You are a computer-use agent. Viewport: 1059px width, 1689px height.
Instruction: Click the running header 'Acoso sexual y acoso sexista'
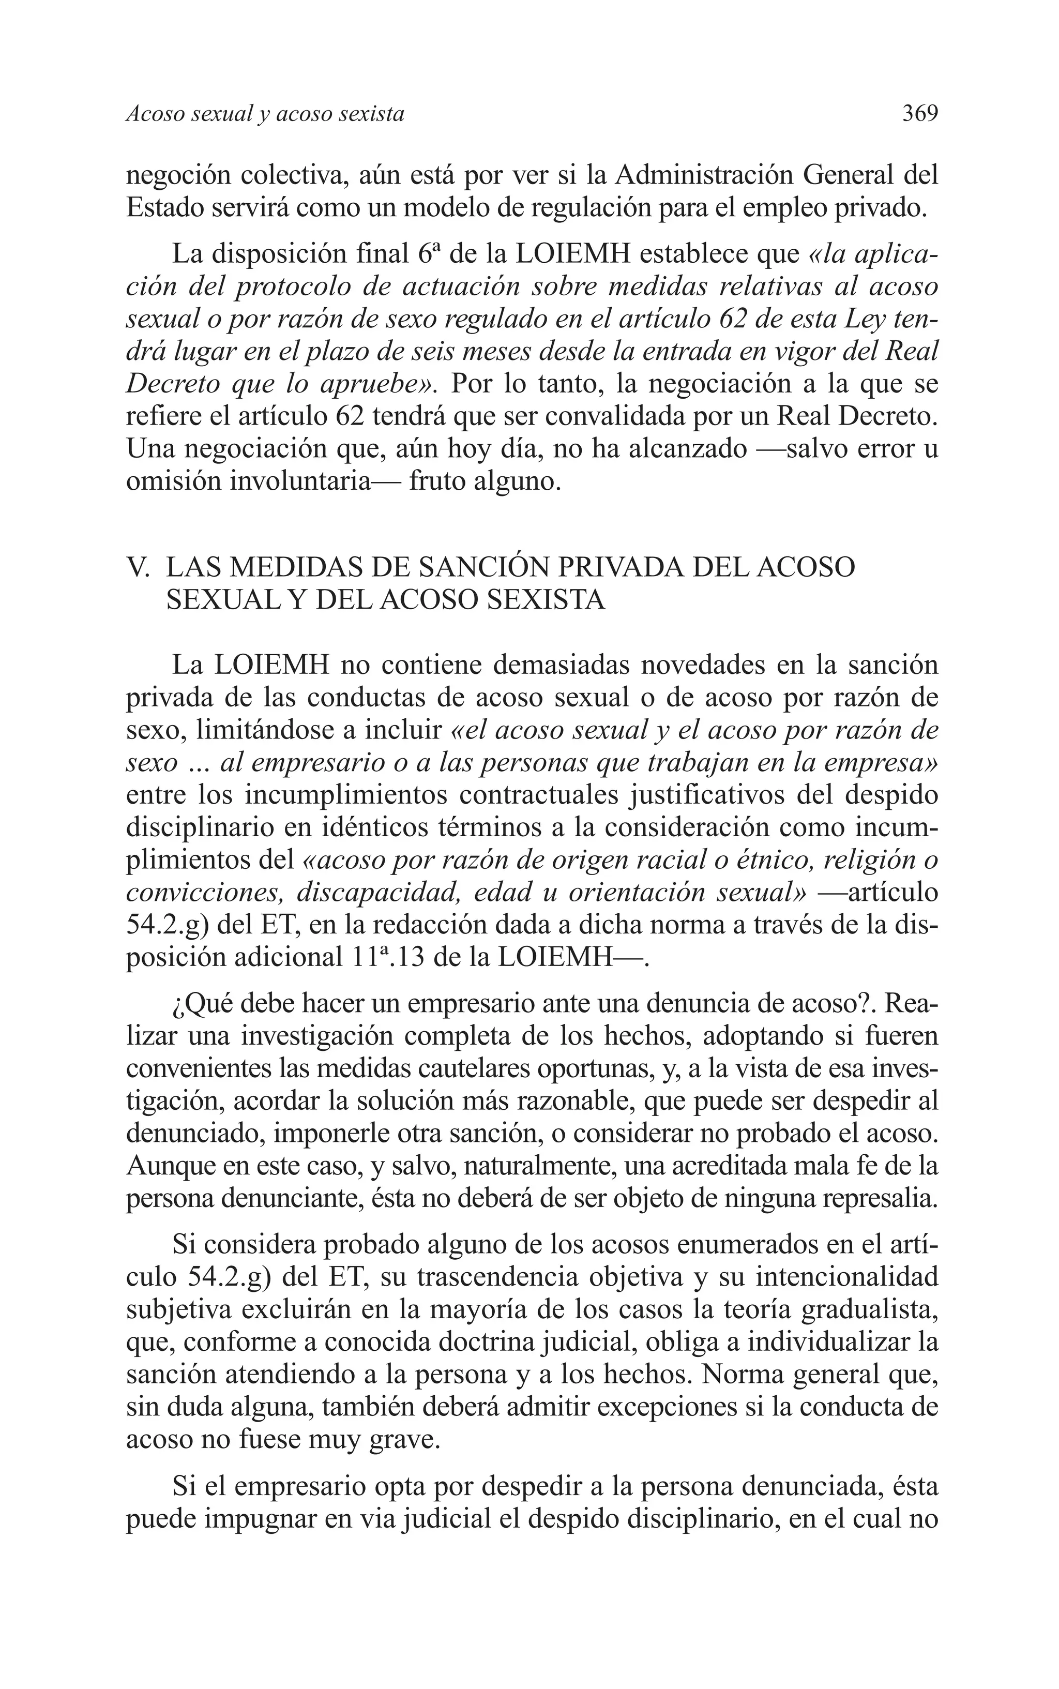pos(265,114)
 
